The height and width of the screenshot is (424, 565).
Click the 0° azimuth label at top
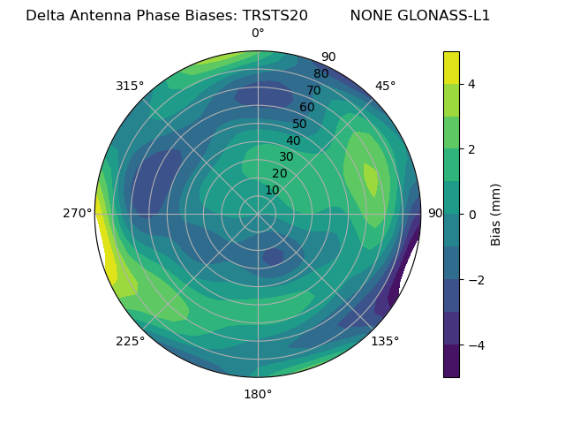pyautogui.click(x=258, y=34)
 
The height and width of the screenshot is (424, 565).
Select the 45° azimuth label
pyautogui.click(x=385, y=86)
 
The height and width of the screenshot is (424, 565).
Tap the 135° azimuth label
pyautogui.click(x=385, y=341)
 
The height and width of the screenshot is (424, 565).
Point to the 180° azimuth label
pyautogui.click(x=258, y=394)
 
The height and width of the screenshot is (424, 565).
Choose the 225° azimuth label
pyautogui.click(x=130, y=341)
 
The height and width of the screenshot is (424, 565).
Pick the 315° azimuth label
pyautogui.click(x=130, y=86)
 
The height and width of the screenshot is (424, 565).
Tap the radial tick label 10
pyautogui.click(x=272, y=190)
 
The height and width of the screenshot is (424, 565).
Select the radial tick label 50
pyautogui.click(x=299, y=125)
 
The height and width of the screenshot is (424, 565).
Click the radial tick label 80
pyautogui.click(x=320, y=74)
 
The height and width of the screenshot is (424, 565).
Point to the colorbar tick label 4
pyautogui.click(x=472, y=84)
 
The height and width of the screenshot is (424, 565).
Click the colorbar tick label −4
pyautogui.click(x=476, y=344)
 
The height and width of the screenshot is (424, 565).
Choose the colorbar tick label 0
pyautogui.click(x=472, y=214)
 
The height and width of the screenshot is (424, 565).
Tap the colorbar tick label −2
pyautogui.click(x=476, y=279)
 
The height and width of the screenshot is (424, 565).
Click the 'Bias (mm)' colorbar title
pyautogui.click(x=496, y=214)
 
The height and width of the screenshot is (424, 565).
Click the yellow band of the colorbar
pyautogui.click(x=451, y=67)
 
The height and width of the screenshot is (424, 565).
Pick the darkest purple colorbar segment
pyautogui.click(x=451, y=361)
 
